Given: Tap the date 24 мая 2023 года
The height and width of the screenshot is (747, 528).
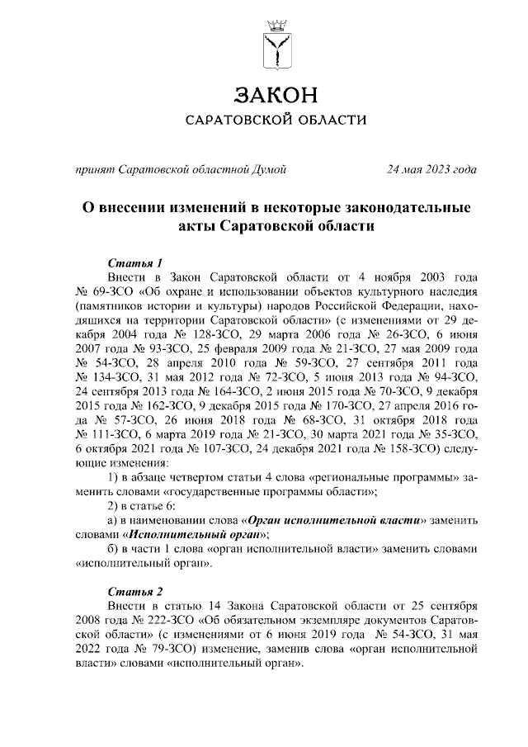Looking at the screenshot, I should tap(433, 170).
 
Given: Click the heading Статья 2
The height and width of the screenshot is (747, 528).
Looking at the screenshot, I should tap(130, 592).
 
